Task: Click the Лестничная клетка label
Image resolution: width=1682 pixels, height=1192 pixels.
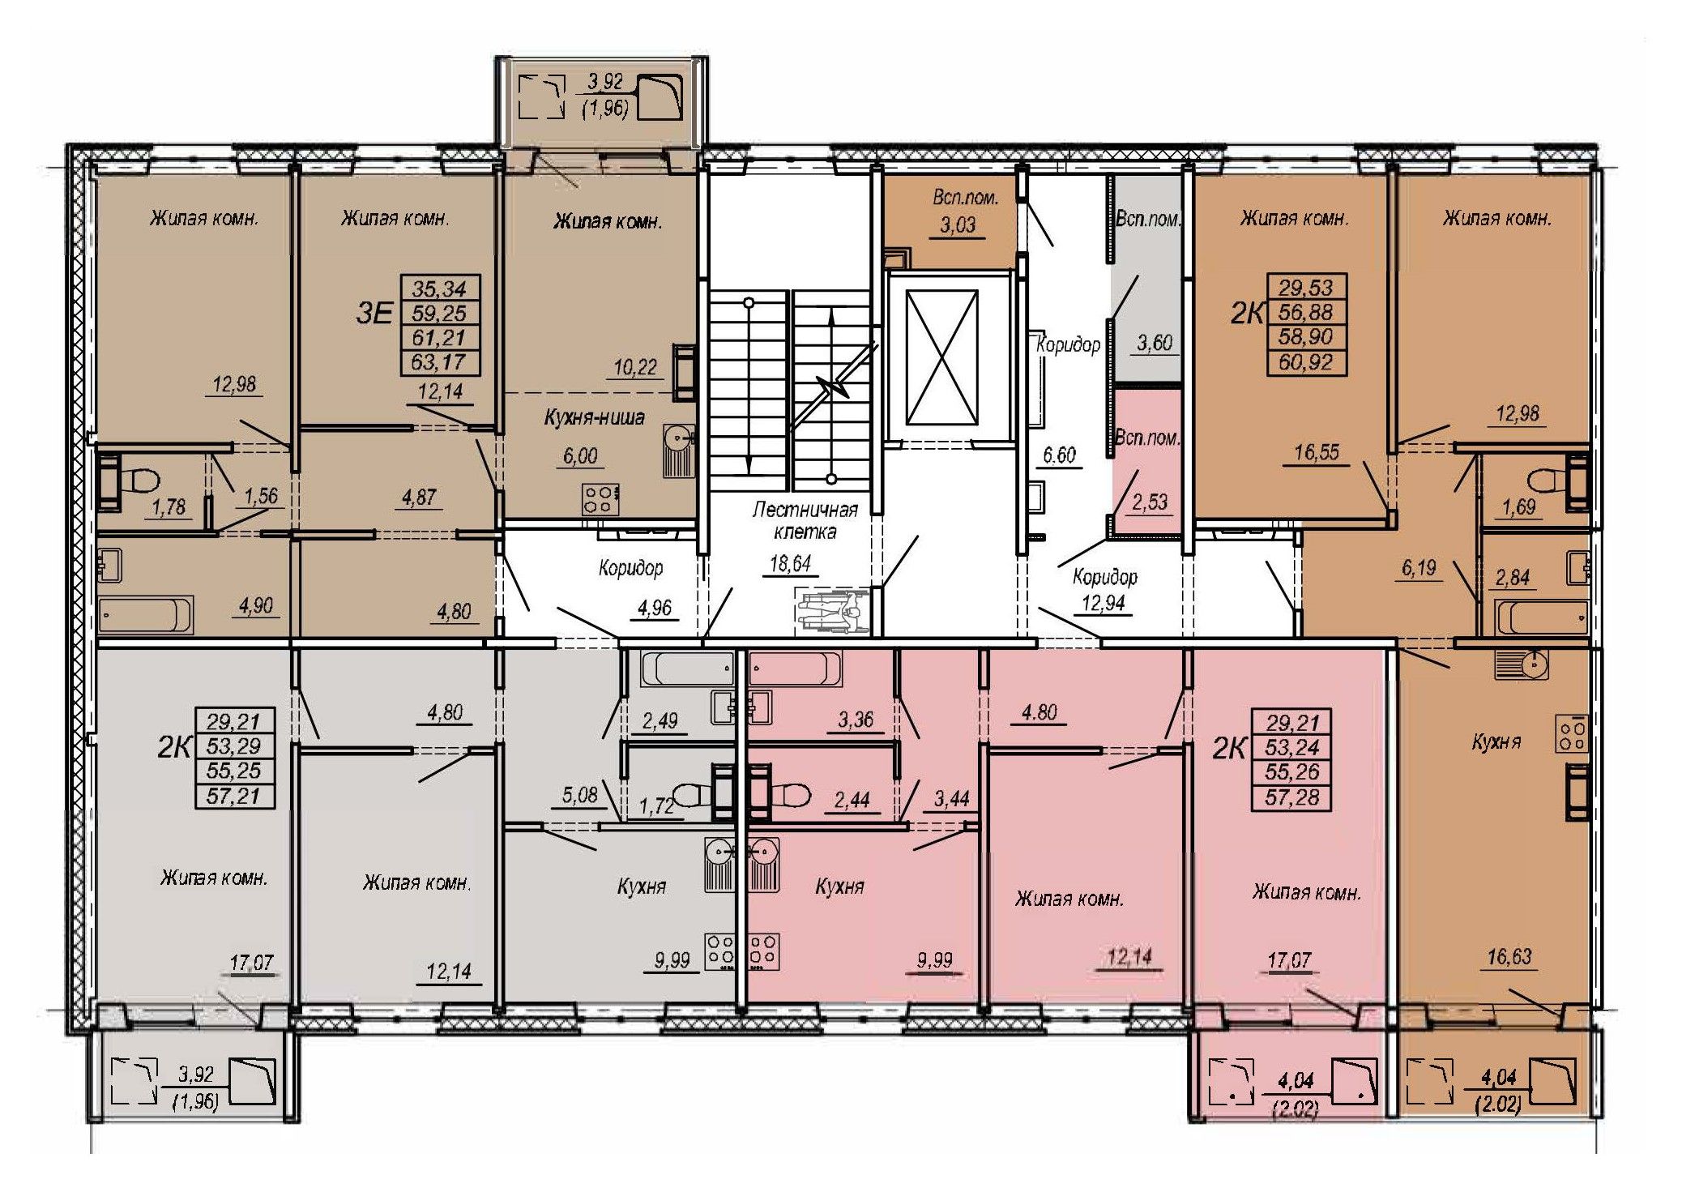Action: coord(805,520)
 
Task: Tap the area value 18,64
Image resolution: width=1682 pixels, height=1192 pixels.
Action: coord(790,563)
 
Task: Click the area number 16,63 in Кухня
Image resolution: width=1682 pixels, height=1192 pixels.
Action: coord(1509,957)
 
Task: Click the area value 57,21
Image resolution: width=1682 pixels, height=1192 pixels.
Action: coord(234,797)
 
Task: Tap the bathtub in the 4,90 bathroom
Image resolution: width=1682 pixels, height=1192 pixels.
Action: coord(145,613)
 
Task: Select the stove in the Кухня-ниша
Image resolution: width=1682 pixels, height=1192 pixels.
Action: coord(600,498)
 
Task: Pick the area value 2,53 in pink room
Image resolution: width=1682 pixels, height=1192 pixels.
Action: coord(1149,502)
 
